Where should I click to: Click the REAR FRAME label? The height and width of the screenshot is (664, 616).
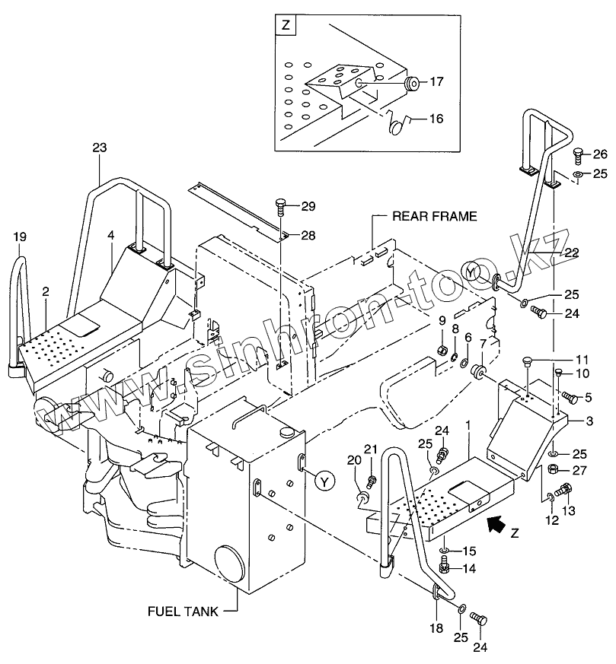[x=435, y=217]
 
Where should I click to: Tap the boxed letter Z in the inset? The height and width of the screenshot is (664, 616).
[x=286, y=25]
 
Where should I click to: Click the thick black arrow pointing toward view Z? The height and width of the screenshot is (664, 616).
[x=496, y=523]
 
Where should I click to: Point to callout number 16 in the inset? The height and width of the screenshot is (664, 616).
[x=436, y=119]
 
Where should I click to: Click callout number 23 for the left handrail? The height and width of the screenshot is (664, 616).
[x=101, y=149]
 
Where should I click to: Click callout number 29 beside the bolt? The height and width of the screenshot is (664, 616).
[x=307, y=206]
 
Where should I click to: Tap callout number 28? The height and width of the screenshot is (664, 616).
[x=307, y=236]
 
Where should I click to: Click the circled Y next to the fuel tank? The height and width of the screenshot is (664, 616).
[x=325, y=481]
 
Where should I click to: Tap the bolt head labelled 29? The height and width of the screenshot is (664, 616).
[x=280, y=203]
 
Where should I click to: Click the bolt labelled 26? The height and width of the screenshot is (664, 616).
[x=577, y=154]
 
